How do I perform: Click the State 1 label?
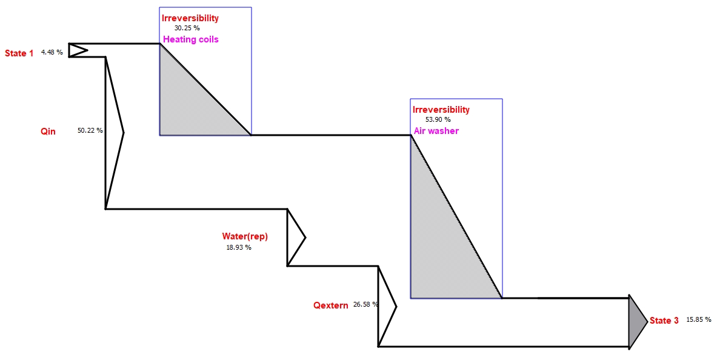pyautogui.click(x=19, y=53)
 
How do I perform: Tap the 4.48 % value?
pyautogui.click(x=52, y=52)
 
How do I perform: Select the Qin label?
pyautogui.click(x=48, y=131)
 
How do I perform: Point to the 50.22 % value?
pyautogui.click(x=90, y=130)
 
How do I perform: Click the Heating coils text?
pyautogui.click(x=190, y=39)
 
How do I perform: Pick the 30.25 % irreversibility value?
pyautogui.click(x=187, y=28)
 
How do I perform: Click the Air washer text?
pyautogui.click(x=436, y=131)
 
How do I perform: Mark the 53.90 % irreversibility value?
pyautogui.click(x=438, y=119)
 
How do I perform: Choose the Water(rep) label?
pyautogui.click(x=245, y=236)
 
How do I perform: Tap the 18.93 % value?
pyautogui.click(x=238, y=247)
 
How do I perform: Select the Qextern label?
pyautogui.click(x=330, y=305)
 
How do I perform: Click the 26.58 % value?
pyautogui.click(x=366, y=304)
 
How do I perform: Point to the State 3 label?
pyautogui.click(x=664, y=321)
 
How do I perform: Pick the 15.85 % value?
pyautogui.click(x=698, y=319)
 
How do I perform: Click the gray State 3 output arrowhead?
pyautogui.click(x=636, y=322)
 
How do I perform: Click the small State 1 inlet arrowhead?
pyautogui.click(x=76, y=50)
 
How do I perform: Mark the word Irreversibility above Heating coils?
pyautogui.click(x=190, y=18)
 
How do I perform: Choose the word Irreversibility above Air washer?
pyautogui.click(x=441, y=110)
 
